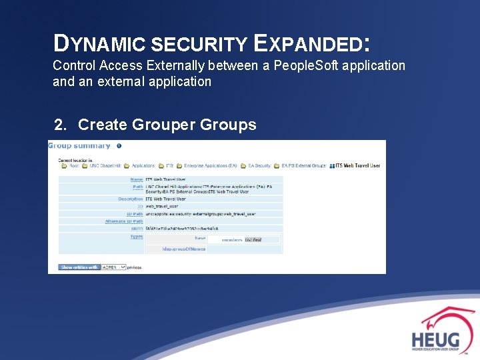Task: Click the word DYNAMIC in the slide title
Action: pos(100,44)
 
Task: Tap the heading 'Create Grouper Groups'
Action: pos(167,125)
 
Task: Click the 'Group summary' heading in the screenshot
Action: pos(79,146)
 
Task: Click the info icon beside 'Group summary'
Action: pos(119,146)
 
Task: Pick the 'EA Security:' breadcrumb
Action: pos(260,165)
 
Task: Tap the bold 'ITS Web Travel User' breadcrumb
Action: pos(357,165)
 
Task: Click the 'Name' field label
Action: pos(136,179)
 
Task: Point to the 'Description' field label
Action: pos(131,199)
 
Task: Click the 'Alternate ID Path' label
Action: pos(124,221)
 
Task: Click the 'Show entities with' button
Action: pos(79,267)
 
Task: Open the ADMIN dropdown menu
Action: pos(113,267)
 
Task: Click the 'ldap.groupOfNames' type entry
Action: pos(184,249)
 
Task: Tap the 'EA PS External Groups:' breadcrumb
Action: pos(304,165)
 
